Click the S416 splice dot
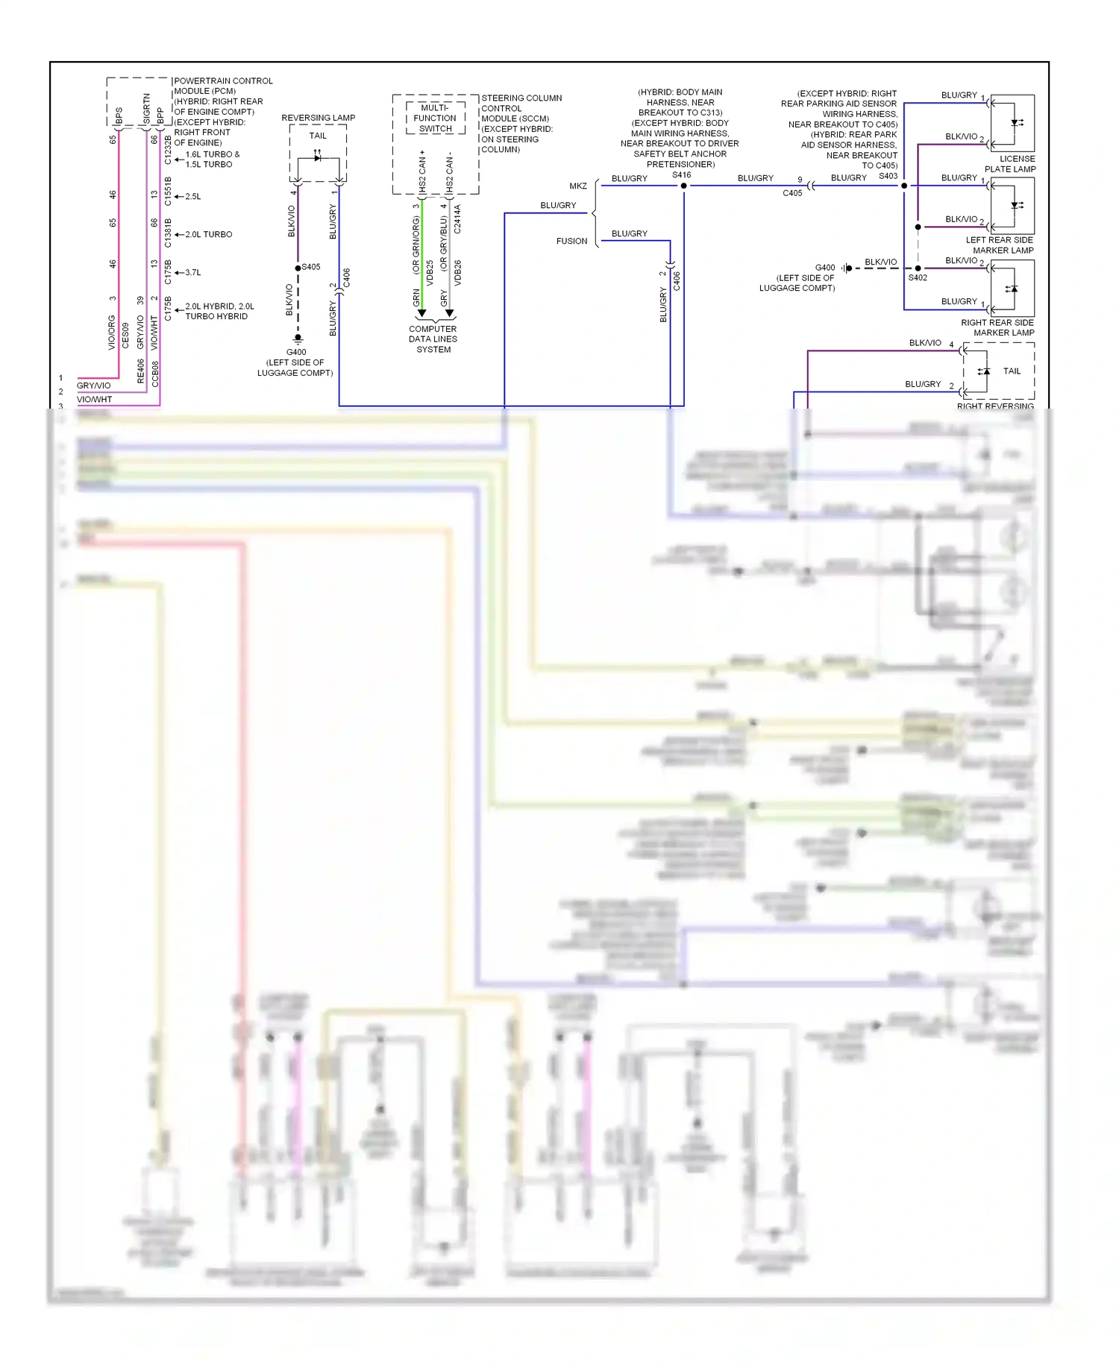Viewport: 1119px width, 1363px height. [x=683, y=186]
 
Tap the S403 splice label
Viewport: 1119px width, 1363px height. [x=888, y=176]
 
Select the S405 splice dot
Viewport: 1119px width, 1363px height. [x=298, y=268]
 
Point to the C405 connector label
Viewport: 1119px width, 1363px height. [x=792, y=193]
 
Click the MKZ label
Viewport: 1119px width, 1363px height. [x=578, y=186]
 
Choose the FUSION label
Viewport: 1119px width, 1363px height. [x=571, y=241]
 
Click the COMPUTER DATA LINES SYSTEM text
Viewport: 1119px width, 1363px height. [x=433, y=339]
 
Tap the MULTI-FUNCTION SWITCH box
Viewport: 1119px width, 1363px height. [x=435, y=119]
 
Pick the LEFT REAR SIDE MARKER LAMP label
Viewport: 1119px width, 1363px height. [x=999, y=245]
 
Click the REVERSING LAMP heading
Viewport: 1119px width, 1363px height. [x=318, y=118]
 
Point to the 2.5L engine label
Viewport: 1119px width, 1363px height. [x=192, y=197]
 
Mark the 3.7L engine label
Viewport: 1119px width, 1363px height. [x=192, y=273]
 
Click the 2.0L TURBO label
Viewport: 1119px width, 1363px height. [x=208, y=235]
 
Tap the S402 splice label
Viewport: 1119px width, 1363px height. [x=918, y=277]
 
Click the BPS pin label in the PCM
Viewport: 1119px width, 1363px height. [x=119, y=116]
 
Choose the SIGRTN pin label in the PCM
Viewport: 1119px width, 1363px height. [x=146, y=109]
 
